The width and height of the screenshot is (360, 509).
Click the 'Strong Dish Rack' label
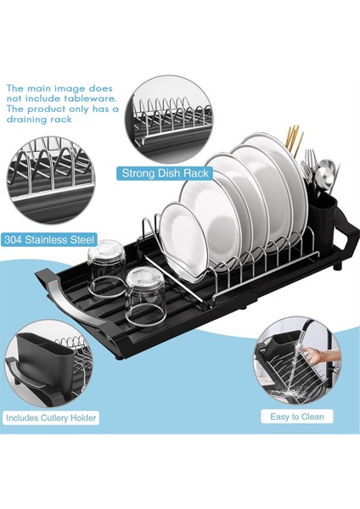pyautogui.click(x=165, y=173)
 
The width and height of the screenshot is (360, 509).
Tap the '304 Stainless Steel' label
pyautogui.click(x=49, y=240)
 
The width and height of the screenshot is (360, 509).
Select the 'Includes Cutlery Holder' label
pyautogui.click(x=51, y=417)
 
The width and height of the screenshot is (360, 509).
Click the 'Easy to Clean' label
pyautogui.click(x=297, y=417)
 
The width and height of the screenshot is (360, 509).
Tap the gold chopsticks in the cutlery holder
pyautogui.click(x=295, y=140)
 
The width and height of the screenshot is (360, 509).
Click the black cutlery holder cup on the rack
pyautogui.click(x=322, y=215)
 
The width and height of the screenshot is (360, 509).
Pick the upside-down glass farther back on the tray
pyautogui.click(x=106, y=268)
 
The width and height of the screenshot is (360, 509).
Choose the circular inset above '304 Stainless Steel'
pyautogui.click(x=51, y=181)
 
